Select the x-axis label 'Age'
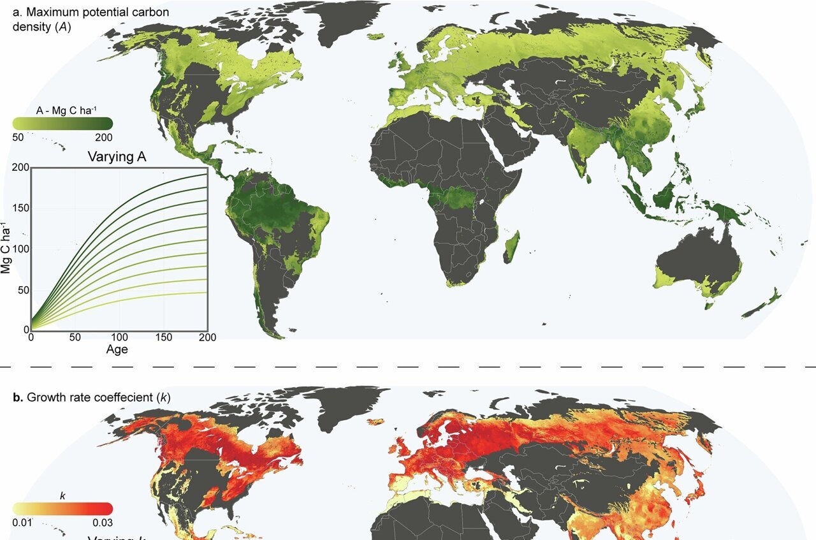(x=117, y=349)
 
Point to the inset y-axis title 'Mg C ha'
(x=7, y=249)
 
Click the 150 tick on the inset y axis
(x=22, y=208)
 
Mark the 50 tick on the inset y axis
(x=24, y=289)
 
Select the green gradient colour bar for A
(x=62, y=124)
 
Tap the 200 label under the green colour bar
(x=104, y=137)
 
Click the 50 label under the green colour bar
(x=19, y=137)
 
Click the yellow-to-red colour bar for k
(x=62, y=508)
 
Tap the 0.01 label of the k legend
(x=22, y=523)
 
